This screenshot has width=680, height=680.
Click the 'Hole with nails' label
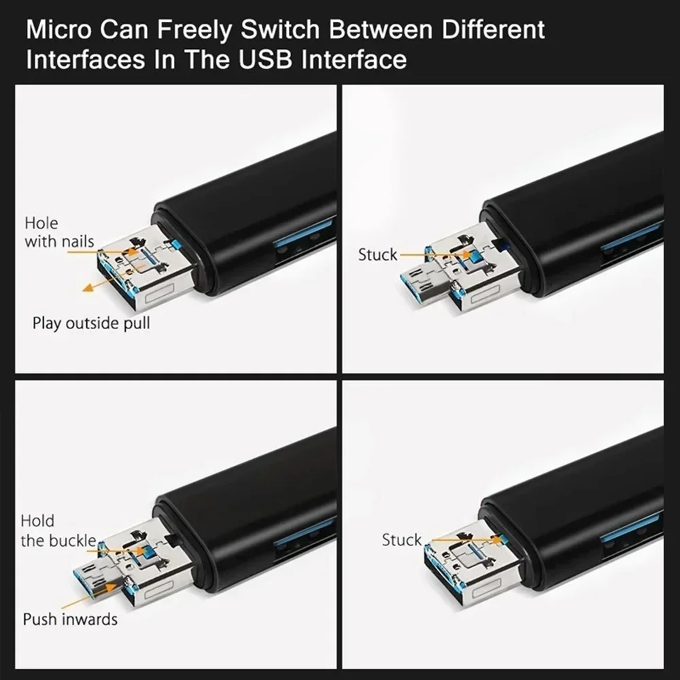tap(59, 232)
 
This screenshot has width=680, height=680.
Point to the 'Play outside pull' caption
tap(91, 322)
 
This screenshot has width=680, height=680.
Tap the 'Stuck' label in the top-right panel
tap(377, 255)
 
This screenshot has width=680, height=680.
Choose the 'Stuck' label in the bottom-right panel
tap(401, 540)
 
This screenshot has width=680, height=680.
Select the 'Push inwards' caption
tap(70, 619)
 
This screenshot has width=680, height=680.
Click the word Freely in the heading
tap(156, 31)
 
